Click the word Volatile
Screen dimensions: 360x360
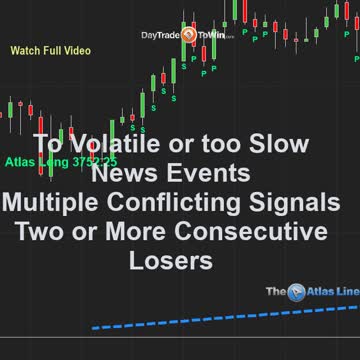[105, 144]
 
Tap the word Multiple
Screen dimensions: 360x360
[50, 203]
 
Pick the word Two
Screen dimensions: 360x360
[39, 233]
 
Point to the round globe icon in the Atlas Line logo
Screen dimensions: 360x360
[298, 292]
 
